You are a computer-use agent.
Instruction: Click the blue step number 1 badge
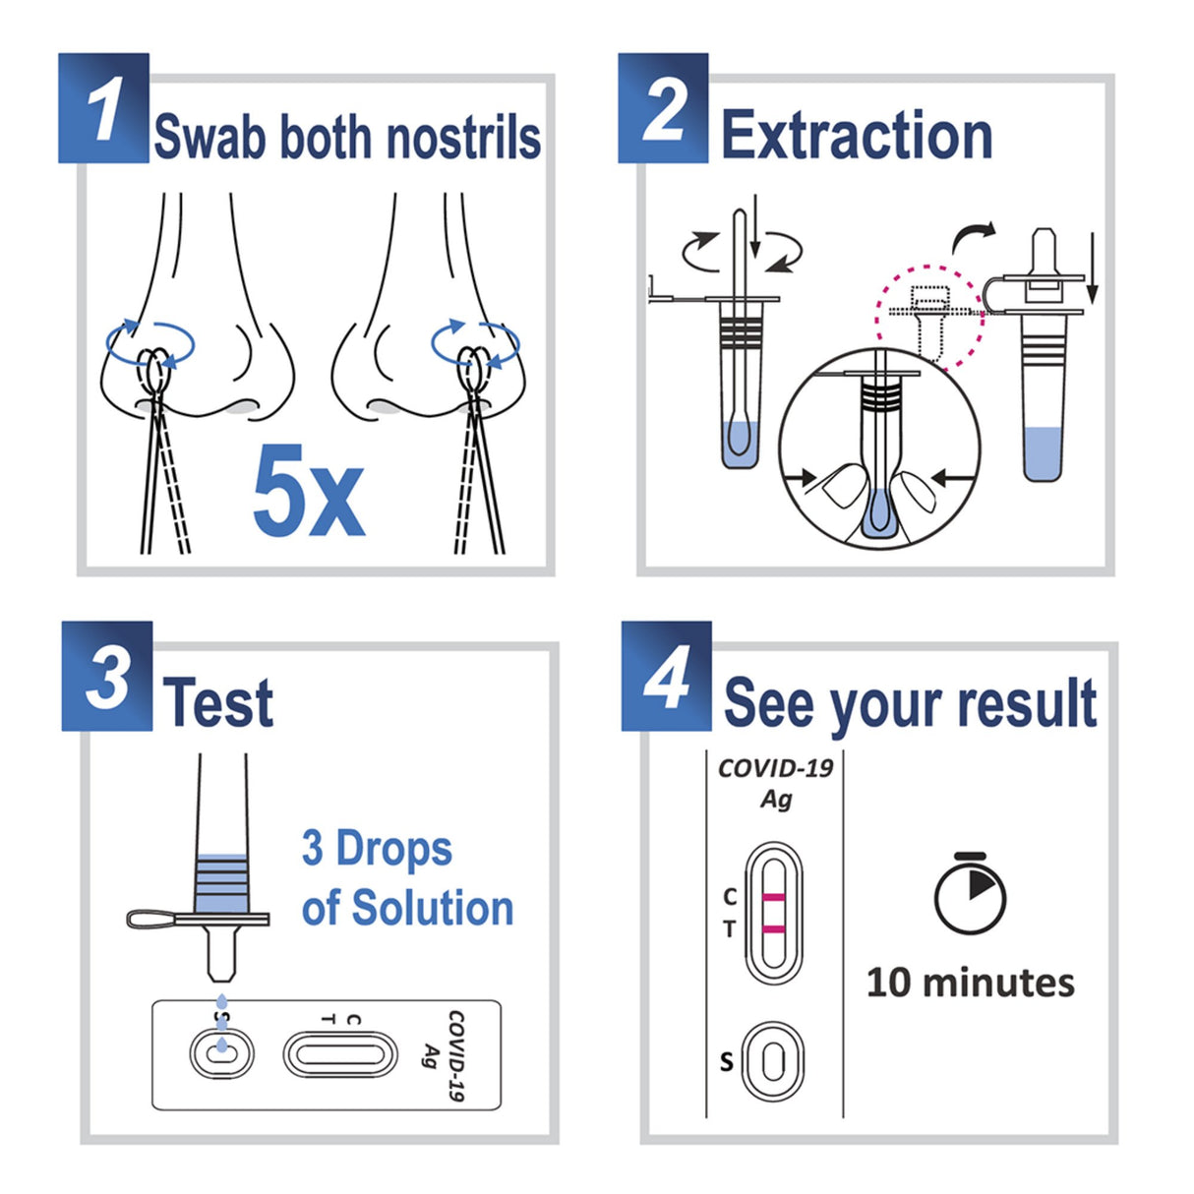coord(103,108)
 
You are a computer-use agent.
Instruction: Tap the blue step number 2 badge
coord(664,108)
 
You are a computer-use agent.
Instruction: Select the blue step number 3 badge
coord(107,677)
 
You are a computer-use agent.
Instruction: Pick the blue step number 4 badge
coord(667,677)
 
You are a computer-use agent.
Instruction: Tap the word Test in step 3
coord(218,702)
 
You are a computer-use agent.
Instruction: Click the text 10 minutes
coord(970,983)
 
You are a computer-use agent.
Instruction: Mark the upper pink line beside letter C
coord(774,897)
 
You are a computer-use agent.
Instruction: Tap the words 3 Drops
coord(377,849)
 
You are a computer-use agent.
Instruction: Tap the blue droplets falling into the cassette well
coord(221,1033)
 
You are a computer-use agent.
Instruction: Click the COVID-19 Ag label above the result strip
coord(775,783)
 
